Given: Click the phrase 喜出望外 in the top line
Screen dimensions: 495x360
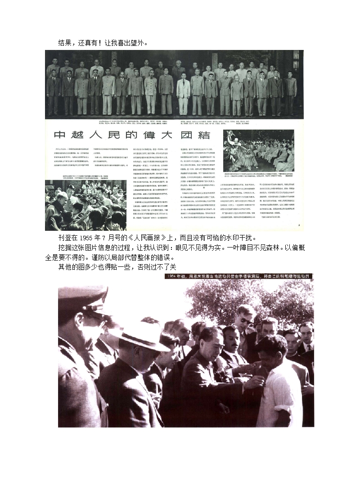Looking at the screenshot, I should [130, 43].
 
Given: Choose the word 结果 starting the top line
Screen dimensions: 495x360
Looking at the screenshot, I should [67, 43].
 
